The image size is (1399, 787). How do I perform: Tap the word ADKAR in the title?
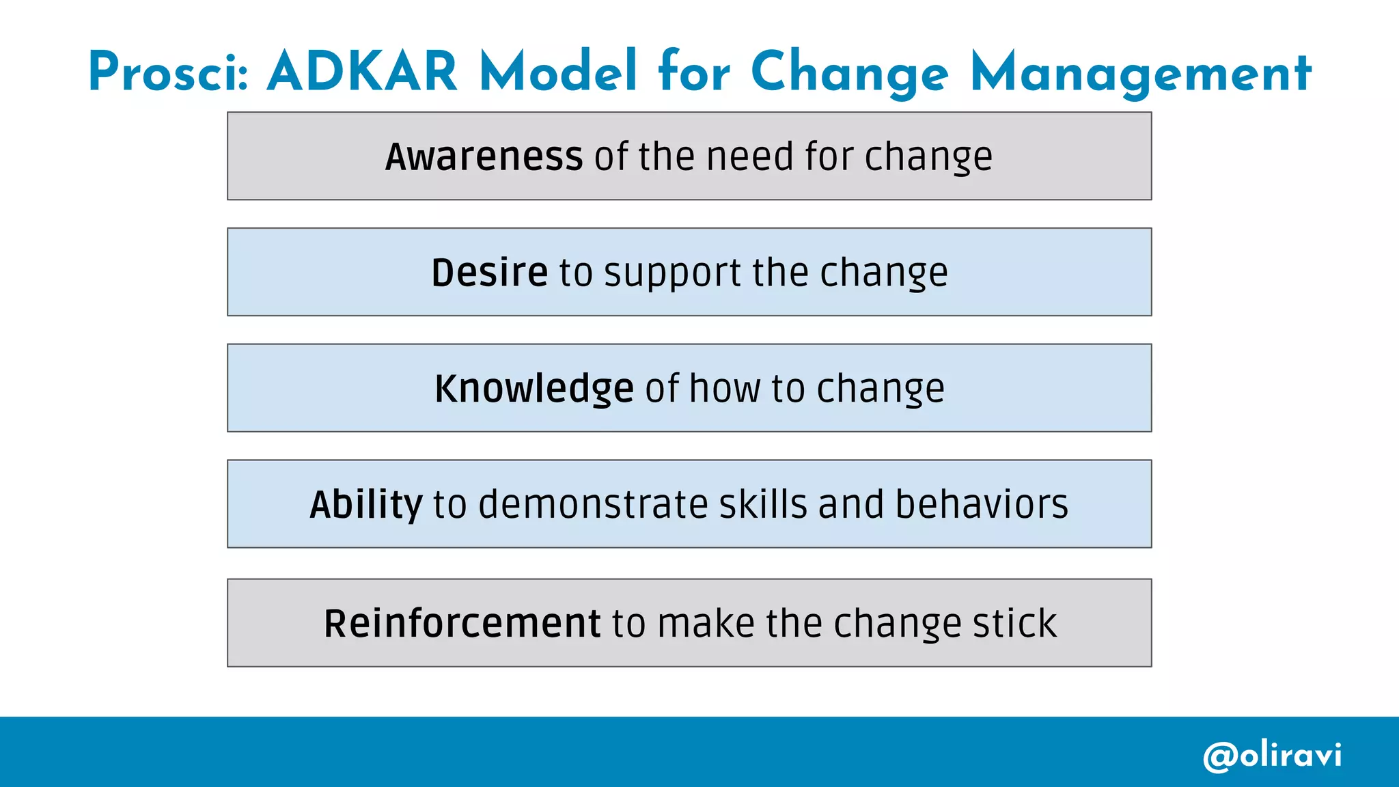[x=362, y=72]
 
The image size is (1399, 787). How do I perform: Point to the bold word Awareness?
[x=484, y=156]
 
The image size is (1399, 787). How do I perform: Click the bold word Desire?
[x=489, y=273]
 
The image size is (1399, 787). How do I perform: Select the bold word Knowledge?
[x=534, y=389]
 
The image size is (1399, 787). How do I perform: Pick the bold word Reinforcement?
[x=462, y=623]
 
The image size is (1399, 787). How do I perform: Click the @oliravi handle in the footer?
[x=1272, y=756]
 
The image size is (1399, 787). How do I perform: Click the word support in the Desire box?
[x=672, y=274]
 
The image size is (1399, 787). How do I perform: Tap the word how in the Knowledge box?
[x=725, y=389]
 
